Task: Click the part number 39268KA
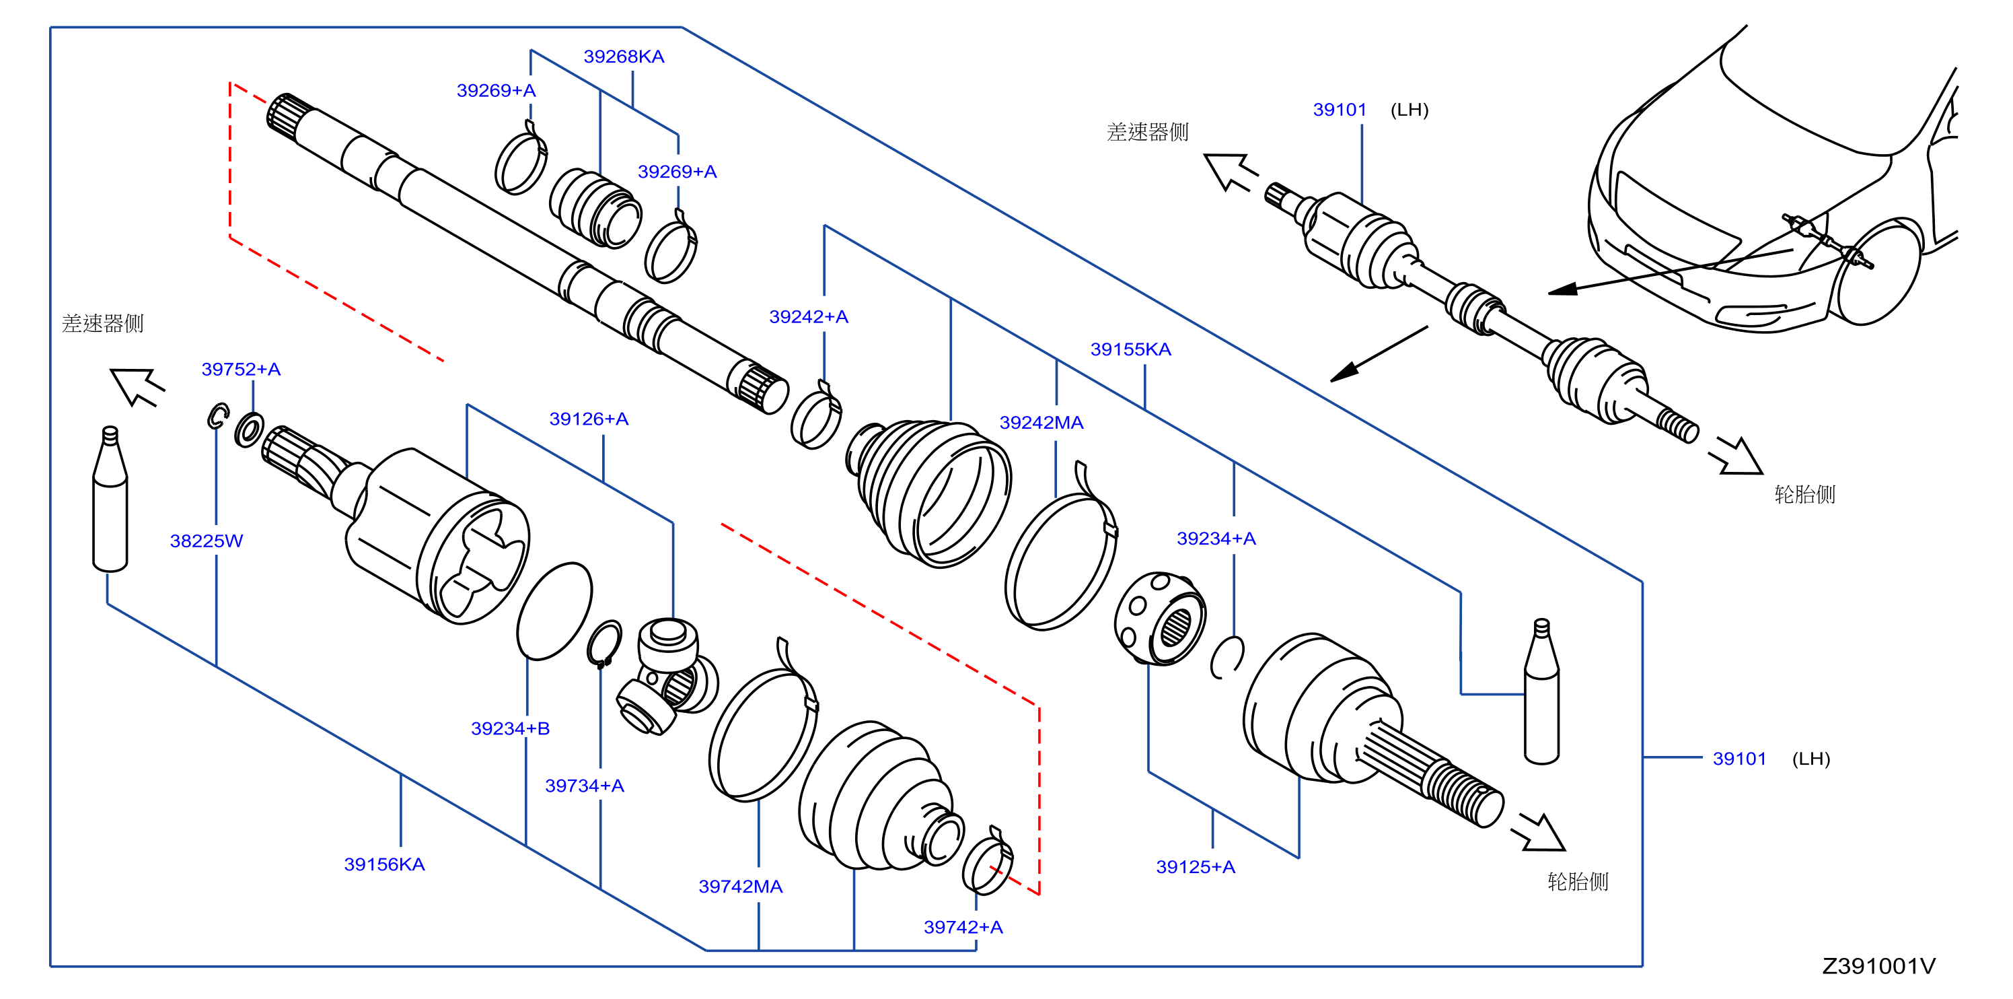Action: pos(624,57)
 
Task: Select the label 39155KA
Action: pos(1131,349)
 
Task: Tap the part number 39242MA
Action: pos(1041,423)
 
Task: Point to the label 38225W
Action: pos(207,541)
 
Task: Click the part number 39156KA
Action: pos(384,864)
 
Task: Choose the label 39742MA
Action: pos(740,887)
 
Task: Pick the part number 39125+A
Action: pos(1196,867)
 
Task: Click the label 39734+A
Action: pos(585,786)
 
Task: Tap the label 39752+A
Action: pos(241,369)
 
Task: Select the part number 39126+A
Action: pos(589,419)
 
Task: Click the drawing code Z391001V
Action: pos(1878,966)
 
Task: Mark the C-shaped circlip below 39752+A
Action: pos(218,416)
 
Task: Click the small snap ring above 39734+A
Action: pos(604,645)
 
